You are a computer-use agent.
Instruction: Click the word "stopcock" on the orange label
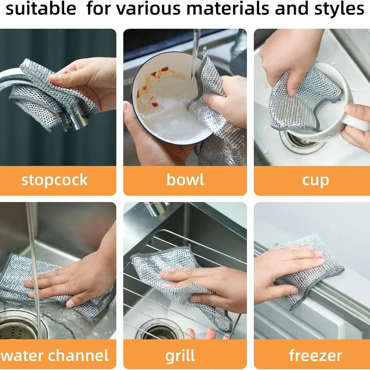click(54, 180)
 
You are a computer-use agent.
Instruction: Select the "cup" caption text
click(315, 181)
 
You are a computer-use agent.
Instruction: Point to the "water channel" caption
click(54, 356)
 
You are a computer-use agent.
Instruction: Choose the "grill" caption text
click(180, 356)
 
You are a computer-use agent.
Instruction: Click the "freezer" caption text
click(315, 356)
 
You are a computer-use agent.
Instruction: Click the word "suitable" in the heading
click(41, 9)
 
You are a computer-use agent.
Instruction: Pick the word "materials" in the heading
click(228, 9)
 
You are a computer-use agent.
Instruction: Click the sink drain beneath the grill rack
click(161, 330)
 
